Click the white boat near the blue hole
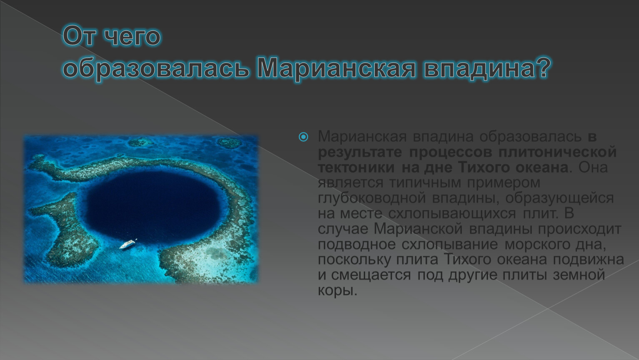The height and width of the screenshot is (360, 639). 128,244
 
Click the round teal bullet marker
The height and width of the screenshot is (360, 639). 303,137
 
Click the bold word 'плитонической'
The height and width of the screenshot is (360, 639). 557,152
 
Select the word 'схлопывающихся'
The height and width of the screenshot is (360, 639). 452,214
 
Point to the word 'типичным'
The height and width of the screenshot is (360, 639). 425,183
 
